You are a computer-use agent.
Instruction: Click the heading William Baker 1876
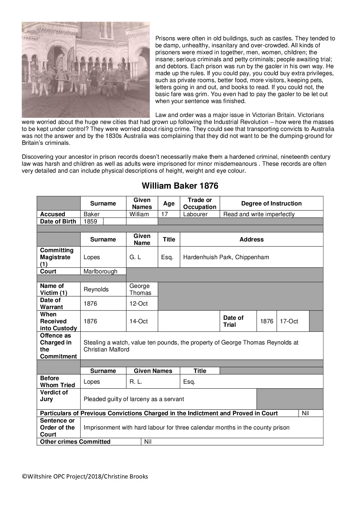pyautogui.click(x=180, y=186)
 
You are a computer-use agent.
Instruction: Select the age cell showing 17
pyautogui.click(x=164, y=214)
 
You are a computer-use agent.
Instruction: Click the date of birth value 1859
pyautogui.click(x=90, y=221)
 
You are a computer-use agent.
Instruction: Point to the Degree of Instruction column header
pyautogui.click(x=271, y=203)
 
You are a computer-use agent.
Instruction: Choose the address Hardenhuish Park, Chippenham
pyautogui.click(x=226, y=257)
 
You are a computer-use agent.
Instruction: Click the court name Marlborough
pyautogui.click(x=100, y=271)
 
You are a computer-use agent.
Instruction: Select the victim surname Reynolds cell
pyautogui.click(x=96, y=289)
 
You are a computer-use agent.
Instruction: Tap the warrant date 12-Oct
pyautogui.click(x=138, y=304)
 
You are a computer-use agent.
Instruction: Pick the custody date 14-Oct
pyautogui.click(x=138, y=321)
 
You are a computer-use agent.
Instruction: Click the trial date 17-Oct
pyautogui.click(x=289, y=321)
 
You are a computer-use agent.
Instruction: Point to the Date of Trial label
pyautogui.click(x=233, y=321)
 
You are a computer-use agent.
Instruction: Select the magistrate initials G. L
pyautogui.click(x=135, y=257)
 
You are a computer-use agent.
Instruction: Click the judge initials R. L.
pyautogui.click(x=136, y=382)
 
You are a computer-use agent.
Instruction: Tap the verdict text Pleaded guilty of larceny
pyautogui.click(x=134, y=399)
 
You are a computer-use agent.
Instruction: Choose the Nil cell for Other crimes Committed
pyautogui.click(x=148, y=442)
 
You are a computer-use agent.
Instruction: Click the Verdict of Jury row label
pyautogui.click(x=54, y=396)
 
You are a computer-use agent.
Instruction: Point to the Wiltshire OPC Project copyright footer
pyautogui.click(x=85, y=476)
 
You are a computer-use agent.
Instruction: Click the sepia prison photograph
pyautogui.click(x=86, y=70)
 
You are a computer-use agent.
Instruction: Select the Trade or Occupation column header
pyautogui.click(x=200, y=203)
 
